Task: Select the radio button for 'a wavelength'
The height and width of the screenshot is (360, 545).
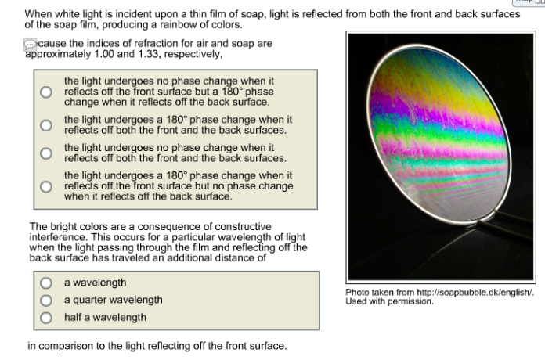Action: click(47, 283)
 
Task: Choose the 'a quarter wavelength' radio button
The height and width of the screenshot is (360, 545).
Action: click(47, 301)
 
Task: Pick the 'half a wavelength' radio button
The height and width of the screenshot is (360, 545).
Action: click(47, 318)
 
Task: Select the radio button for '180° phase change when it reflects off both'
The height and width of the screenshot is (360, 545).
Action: click(47, 125)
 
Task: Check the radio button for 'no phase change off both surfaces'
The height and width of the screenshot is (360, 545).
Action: click(47, 153)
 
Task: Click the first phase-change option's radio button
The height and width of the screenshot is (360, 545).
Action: click(47, 92)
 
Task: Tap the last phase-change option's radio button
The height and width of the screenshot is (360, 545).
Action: click(47, 186)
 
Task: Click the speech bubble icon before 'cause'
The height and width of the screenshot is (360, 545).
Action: click(31, 44)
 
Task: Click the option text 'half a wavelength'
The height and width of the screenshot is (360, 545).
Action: click(105, 318)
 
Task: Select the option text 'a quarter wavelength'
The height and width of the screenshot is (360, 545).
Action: click(114, 301)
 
